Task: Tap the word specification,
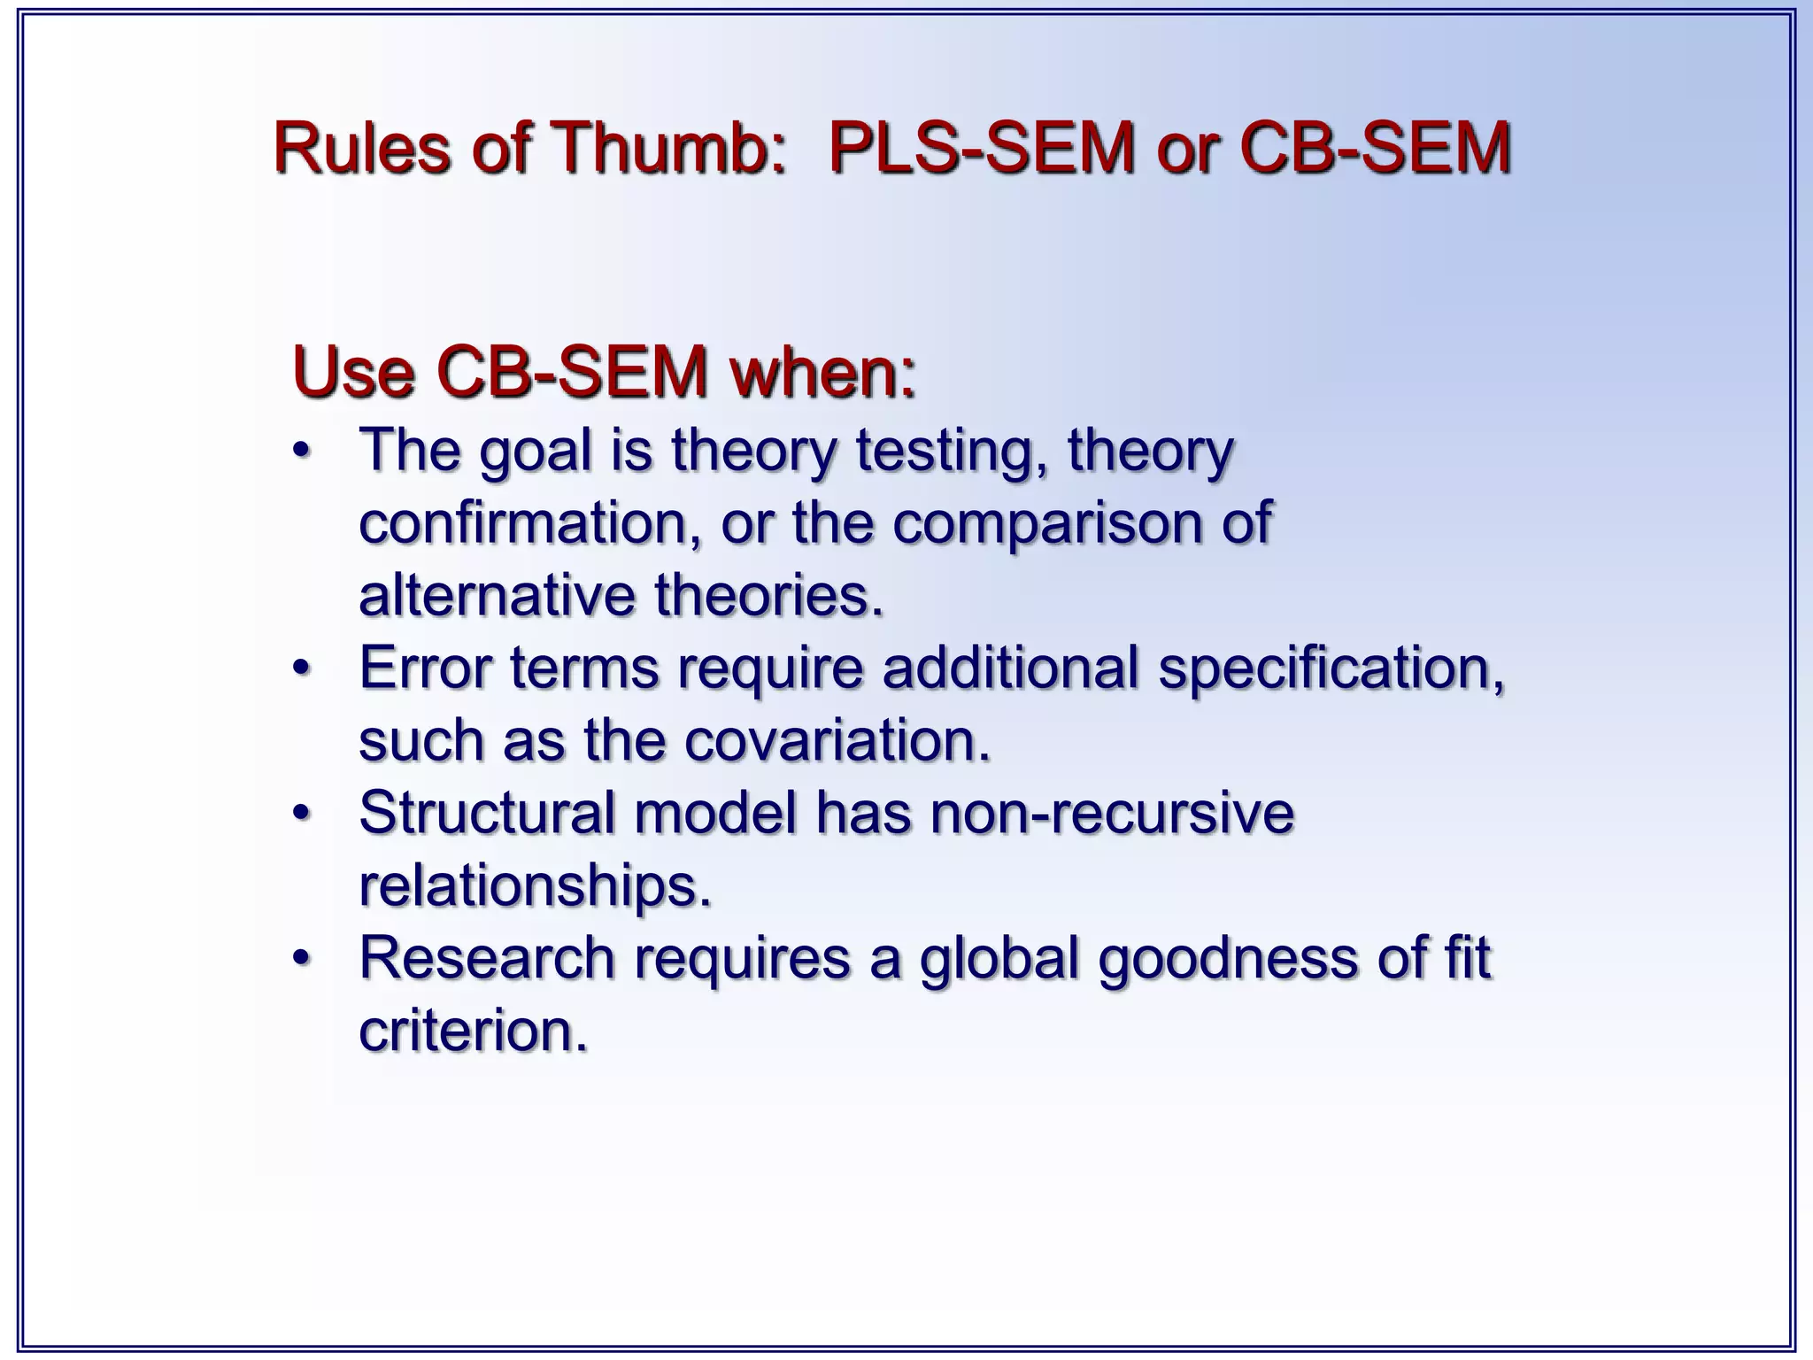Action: pyautogui.click(x=1331, y=669)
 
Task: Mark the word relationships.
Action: pyautogui.click(x=535, y=885)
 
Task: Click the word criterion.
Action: pyautogui.click(x=473, y=1030)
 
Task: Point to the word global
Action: pyautogui.click(x=999, y=959)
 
